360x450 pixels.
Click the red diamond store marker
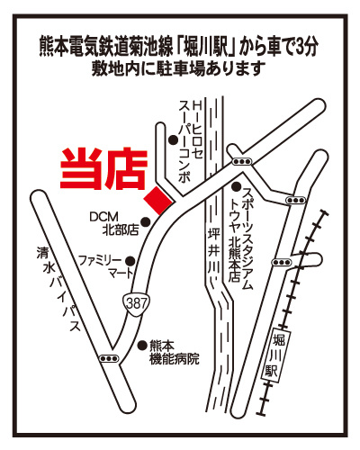coord(158,201)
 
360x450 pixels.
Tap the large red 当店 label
coord(103,169)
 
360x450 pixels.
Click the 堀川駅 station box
coord(274,355)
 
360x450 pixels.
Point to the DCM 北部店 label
coord(114,223)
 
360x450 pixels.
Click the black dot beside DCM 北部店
coord(146,221)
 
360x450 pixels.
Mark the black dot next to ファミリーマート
coord(130,261)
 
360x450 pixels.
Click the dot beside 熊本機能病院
coord(142,346)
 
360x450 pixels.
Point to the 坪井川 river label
coord(214,251)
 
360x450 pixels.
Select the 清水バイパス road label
coord(58,289)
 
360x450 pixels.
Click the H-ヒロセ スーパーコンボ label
coord(191,141)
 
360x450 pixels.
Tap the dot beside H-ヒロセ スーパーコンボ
coord(173,139)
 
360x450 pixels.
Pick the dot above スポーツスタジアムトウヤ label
coord(237,187)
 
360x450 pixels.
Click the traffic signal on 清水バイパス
coord(109,358)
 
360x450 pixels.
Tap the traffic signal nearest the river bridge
coord(242,161)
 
